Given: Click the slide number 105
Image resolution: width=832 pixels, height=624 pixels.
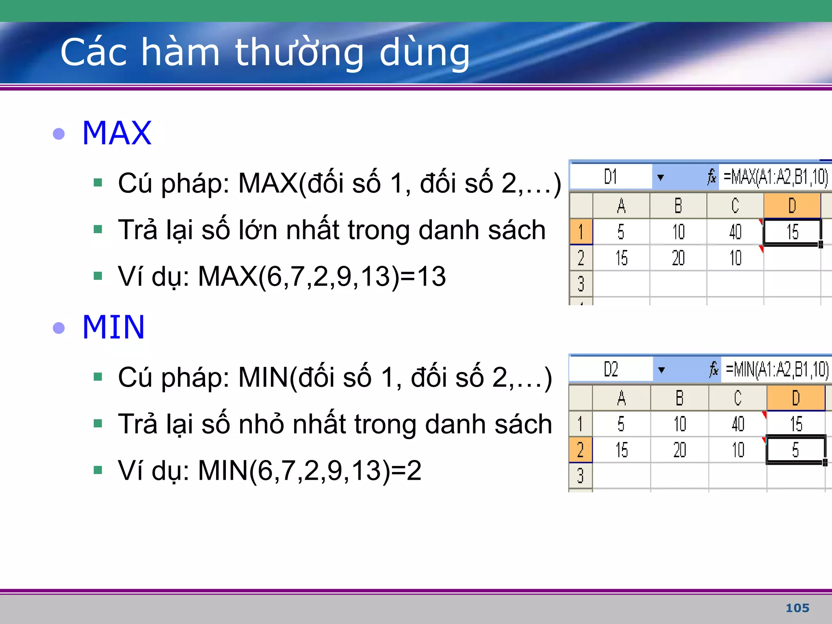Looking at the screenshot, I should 797,608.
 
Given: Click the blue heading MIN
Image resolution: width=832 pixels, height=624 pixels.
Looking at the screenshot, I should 113,327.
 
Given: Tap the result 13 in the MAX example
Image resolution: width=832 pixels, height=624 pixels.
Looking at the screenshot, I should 431,276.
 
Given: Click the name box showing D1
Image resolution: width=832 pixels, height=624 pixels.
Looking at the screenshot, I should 610,177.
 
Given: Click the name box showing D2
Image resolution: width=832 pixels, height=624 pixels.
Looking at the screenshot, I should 611,370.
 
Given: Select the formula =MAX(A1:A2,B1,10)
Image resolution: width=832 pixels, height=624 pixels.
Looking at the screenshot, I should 775,177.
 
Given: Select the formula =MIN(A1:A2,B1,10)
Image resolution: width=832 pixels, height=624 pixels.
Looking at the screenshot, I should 776,370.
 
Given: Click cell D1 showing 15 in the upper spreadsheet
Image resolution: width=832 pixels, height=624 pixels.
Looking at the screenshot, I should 792,232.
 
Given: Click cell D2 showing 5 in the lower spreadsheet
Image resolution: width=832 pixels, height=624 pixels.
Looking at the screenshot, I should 795,450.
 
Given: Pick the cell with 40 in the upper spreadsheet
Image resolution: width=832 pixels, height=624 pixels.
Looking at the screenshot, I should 735,232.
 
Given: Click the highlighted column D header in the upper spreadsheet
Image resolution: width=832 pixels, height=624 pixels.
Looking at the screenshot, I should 792,206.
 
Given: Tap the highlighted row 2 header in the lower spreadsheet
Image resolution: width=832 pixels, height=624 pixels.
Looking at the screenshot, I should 580,450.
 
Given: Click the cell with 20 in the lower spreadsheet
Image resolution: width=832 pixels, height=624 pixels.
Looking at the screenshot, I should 679,450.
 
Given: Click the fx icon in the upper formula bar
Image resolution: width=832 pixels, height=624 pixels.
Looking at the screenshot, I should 711,177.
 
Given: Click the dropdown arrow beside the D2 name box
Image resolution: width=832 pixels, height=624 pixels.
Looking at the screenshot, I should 661,370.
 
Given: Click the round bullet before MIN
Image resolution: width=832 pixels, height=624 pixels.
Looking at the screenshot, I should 59,328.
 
